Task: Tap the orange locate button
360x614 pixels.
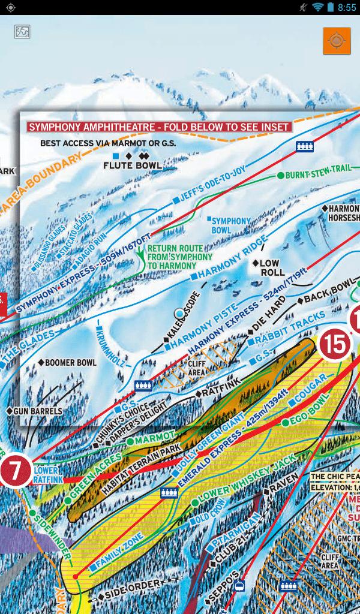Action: pyautogui.click(x=336, y=41)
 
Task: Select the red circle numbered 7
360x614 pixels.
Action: pyautogui.click(x=16, y=472)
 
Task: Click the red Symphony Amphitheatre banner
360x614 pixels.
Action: pyautogui.click(x=159, y=127)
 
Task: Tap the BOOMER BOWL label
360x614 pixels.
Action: pyautogui.click(x=70, y=363)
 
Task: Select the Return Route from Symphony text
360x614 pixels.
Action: pyautogui.click(x=180, y=257)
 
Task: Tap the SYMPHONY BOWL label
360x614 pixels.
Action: pyautogui.click(x=231, y=225)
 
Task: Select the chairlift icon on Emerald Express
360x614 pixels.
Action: pyautogui.click(x=169, y=493)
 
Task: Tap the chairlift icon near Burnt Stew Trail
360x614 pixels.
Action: pyautogui.click(x=305, y=146)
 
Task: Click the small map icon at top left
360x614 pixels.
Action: pyautogui.click(x=22, y=31)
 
